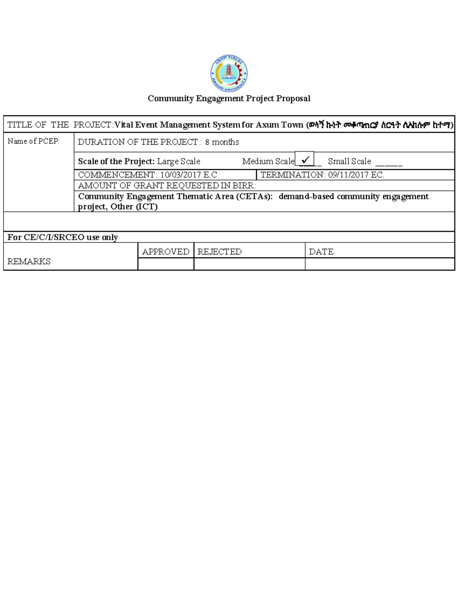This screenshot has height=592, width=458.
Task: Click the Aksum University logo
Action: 229,73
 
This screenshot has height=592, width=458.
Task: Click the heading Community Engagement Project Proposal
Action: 229,98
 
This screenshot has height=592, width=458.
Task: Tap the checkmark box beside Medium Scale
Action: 305,159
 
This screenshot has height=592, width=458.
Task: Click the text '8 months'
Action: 222,142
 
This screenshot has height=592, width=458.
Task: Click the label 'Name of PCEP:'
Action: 34,141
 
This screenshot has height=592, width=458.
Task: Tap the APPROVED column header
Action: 166,252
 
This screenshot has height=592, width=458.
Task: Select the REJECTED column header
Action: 219,252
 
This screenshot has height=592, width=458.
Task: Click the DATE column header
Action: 321,252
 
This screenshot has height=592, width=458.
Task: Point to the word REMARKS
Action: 29,262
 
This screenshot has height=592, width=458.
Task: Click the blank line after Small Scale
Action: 389,164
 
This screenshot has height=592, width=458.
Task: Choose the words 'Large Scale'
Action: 179,162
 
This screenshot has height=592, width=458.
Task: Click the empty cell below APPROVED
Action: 166,264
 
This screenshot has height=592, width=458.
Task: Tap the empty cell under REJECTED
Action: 249,264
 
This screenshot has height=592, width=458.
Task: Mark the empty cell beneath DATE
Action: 380,264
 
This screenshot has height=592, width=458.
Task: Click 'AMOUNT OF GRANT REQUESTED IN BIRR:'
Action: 167,186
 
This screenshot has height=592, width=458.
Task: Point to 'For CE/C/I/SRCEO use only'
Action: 63,237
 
